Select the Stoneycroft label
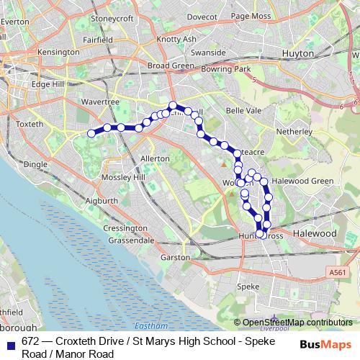coord(114,18)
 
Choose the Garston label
coord(176,256)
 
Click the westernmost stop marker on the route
coord(91,132)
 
